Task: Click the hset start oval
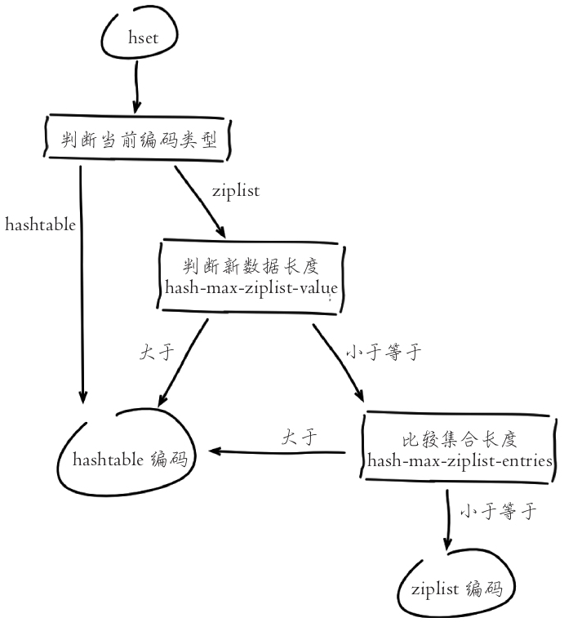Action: [138, 37]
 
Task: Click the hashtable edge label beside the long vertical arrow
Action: [40, 224]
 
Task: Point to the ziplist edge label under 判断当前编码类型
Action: [235, 191]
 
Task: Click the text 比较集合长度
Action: [460, 439]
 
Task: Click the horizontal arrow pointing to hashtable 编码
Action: [278, 451]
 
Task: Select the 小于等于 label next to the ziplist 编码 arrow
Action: [497, 513]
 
